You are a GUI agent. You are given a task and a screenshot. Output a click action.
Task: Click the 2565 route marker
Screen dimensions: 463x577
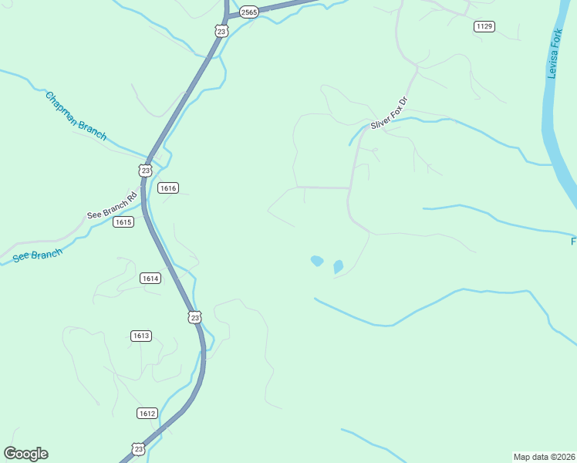click(x=249, y=11)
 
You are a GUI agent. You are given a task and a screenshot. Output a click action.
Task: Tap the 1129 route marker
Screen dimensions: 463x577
click(x=484, y=26)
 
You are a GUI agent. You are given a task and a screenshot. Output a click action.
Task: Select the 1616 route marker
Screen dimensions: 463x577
click(x=168, y=188)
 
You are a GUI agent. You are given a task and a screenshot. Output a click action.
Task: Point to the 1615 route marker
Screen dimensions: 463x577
click(x=123, y=222)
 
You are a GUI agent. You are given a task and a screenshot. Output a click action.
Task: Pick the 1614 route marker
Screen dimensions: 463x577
click(x=150, y=278)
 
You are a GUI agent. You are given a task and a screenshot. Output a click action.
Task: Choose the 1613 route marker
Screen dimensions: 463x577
click(x=140, y=335)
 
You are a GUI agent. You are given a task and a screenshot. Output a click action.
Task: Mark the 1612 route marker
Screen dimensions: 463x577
click(x=147, y=413)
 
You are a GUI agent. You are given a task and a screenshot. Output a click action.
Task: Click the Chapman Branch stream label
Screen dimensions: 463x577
click(x=76, y=116)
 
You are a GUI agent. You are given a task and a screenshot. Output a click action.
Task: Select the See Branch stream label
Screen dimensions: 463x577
click(x=37, y=255)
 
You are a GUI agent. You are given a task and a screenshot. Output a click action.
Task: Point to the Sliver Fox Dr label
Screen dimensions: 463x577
click(x=387, y=113)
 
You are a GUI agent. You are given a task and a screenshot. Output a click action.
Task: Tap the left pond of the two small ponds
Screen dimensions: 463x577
click(x=316, y=261)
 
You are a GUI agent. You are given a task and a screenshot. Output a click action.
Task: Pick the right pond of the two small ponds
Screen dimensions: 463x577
click(x=338, y=267)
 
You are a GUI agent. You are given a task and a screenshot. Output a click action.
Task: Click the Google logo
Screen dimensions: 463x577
click(x=25, y=454)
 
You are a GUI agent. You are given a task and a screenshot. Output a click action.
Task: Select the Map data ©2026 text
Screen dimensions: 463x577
click(x=544, y=456)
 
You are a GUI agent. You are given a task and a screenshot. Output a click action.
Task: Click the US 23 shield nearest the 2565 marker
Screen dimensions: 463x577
click(x=222, y=31)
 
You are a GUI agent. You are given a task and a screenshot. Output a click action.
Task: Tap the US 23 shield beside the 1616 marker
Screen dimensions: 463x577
click(x=146, y=170)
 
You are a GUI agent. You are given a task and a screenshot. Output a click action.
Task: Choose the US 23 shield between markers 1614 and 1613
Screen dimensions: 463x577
click(x=194, y=317)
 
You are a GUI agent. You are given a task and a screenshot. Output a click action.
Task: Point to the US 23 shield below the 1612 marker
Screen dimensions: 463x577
click(x=138, y=448)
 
